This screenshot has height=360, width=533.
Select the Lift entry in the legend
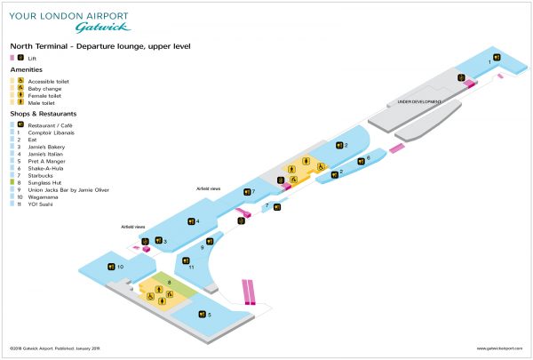[x=33, y=57]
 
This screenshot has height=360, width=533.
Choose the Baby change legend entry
[x=44, y=89]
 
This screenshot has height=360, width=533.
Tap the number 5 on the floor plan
[x=209, y=314]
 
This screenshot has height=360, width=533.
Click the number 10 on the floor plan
[x=120, y=266]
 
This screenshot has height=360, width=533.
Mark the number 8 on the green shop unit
[x=169, y=282]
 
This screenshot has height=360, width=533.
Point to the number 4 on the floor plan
[x=197, y=221]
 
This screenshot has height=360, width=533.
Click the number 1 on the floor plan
[x=489, y=62]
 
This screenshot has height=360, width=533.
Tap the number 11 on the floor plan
[x=191, y=266]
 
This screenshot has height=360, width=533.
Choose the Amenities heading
[x=26, y=69]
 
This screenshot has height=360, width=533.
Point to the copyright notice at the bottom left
[x=46, y=348]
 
